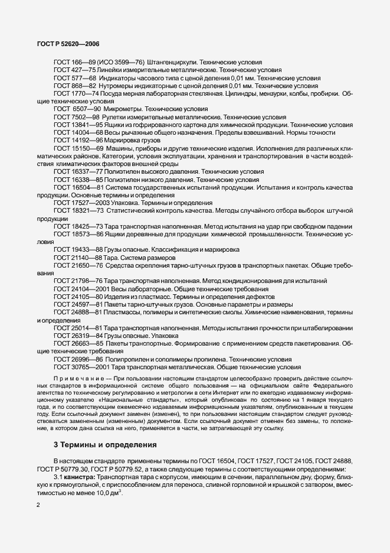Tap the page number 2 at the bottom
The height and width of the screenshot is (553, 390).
[x=38, y=505]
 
